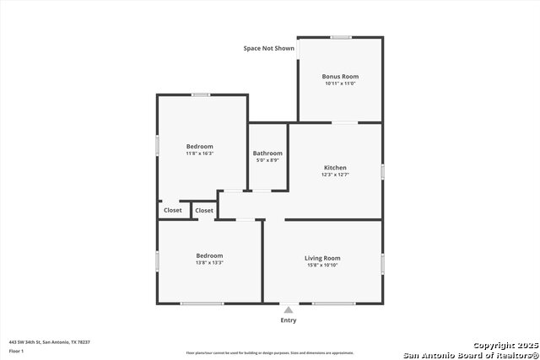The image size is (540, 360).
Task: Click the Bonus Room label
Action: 340,77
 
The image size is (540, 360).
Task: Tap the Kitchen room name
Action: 335,168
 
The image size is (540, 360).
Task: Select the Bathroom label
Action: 268,153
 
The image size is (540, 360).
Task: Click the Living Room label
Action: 322,258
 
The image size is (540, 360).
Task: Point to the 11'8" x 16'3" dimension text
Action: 200,153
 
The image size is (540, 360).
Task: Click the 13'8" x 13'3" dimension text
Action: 209,263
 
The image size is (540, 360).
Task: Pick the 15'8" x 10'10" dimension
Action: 322,266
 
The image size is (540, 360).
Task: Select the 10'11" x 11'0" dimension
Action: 340,83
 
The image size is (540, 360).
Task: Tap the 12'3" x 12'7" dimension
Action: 335,175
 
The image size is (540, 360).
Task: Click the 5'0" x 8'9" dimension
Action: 268,160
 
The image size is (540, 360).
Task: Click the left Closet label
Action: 173,210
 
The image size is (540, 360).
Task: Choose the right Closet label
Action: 204,210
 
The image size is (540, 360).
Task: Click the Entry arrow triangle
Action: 289,310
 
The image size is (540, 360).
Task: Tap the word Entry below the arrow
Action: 289,320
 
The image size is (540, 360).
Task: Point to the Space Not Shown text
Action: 269,49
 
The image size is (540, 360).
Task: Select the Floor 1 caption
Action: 16,350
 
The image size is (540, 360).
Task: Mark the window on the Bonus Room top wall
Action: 341,37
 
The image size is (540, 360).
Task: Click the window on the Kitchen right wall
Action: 382,171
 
